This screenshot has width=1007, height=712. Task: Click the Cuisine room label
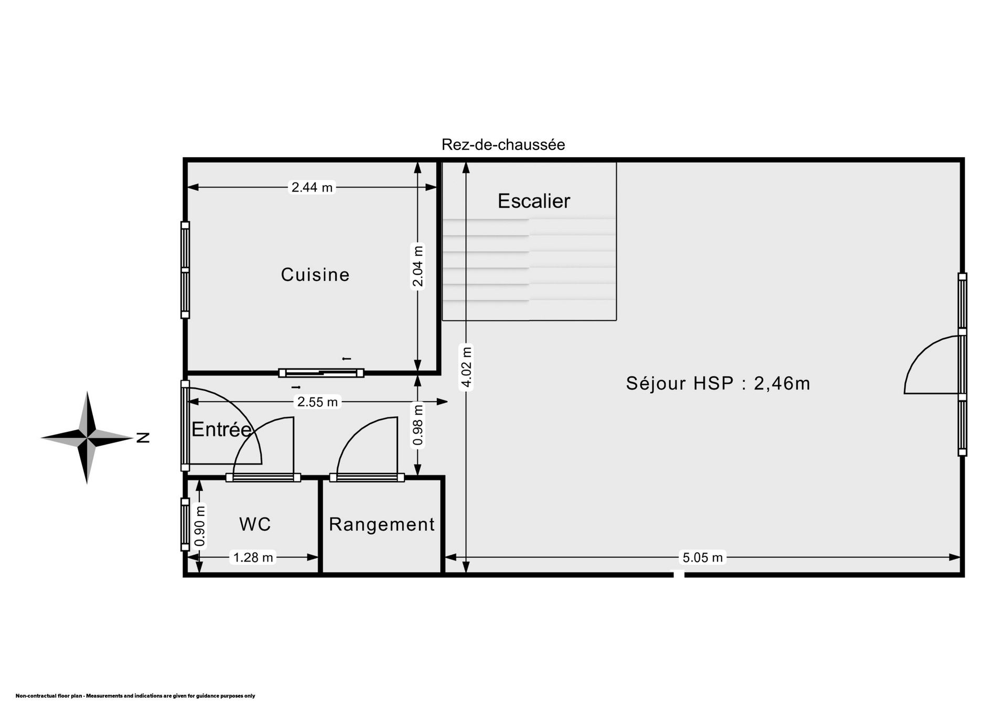(315, 275)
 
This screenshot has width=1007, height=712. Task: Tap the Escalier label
(533, 201)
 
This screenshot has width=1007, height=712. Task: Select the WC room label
(255, 524)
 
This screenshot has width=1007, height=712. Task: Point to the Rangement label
(382, 524)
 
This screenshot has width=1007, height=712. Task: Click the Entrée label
(221, 429)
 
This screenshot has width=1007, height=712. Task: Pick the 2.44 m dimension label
(312, 187)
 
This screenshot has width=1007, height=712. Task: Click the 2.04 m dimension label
(418, 266)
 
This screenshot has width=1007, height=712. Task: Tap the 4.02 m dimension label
(466, 367)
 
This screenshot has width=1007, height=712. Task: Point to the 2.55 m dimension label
(317, 402)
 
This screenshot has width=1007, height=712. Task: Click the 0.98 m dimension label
(418, 425)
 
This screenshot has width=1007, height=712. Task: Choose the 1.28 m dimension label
(253, 557)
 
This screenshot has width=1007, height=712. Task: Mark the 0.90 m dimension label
(200, 525)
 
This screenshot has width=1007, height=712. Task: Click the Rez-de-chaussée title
(504, 145)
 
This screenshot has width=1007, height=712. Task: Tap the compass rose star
(88, 437)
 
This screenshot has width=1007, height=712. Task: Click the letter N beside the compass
(143, 438)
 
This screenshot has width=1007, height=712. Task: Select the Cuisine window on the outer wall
(185, 270)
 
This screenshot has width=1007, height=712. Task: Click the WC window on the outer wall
(185, 524)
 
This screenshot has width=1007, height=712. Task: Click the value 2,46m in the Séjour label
(782, 384)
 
